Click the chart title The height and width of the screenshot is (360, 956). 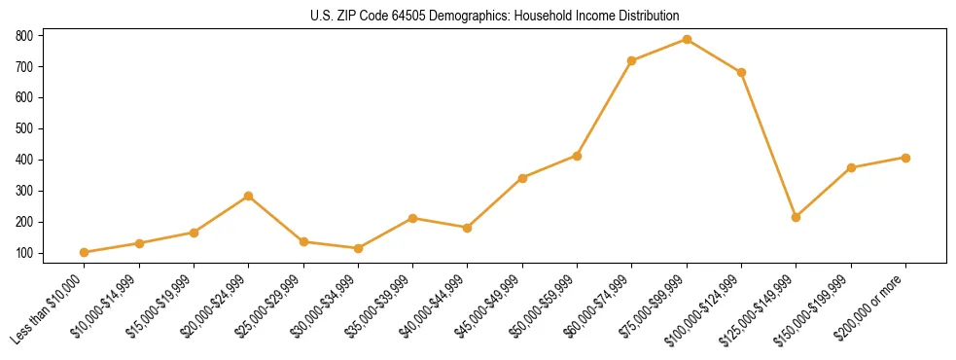tap(477, 16)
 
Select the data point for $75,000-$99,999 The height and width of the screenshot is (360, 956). tap(687, 39)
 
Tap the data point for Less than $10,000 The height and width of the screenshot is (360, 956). tap(85, 252)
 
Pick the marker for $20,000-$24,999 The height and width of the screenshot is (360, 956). tap(249, 196)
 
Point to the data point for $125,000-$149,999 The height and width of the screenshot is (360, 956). tap(797, 217)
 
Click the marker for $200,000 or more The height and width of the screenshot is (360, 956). tap(905, 158)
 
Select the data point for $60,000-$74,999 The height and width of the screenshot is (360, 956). tap(632, 60)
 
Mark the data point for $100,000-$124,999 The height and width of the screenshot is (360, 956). tap(741, 72)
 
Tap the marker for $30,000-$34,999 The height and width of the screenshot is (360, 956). tap(358, 248)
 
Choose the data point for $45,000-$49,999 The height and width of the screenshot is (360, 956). tap(522, 178)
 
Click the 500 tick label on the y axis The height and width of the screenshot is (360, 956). tap(24, 128)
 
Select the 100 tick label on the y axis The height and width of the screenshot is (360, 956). tap(24, 253)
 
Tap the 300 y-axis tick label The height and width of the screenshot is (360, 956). tap(24, 191)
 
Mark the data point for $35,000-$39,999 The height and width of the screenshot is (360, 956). tap(413, 218)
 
